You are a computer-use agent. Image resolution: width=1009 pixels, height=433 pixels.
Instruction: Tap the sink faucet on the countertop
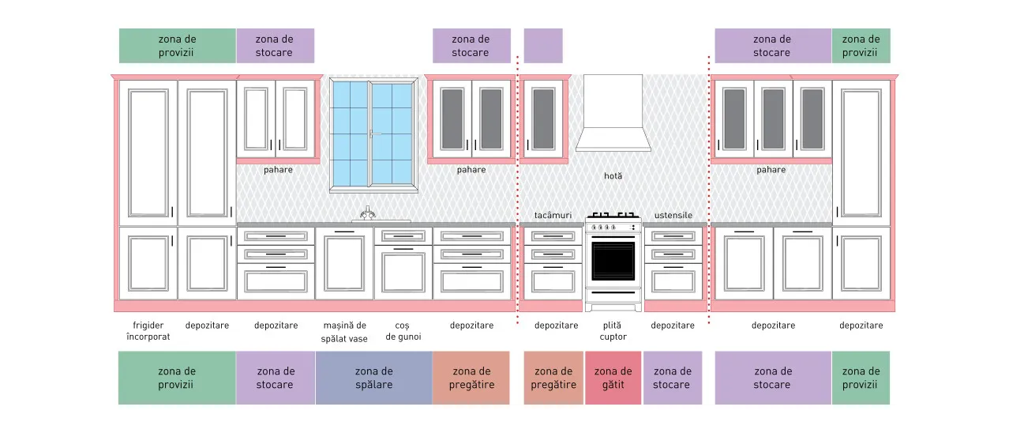[x=368, y=213]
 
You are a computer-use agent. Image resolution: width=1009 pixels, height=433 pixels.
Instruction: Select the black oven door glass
[x=613, y=261]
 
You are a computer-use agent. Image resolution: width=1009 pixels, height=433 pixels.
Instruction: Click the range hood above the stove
[x=613, y=113]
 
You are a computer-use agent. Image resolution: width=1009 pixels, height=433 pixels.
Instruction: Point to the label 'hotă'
[x=613, y=175]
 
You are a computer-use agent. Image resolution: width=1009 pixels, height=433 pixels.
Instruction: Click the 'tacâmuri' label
[x=553, y=216]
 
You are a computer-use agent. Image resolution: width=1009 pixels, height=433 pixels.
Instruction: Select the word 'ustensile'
[x=673, y=216]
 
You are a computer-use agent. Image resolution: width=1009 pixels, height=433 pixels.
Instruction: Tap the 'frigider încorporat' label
[x=148, y=331]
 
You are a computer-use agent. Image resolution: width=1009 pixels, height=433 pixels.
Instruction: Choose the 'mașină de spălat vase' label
[x=344, y=332]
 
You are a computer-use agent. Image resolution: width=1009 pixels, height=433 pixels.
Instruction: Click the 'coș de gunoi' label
[x=403, y=331]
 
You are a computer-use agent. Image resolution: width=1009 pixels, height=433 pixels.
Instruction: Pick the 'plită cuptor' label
[x=613, y=331]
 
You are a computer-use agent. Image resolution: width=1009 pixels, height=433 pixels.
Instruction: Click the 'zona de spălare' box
[x=374, y=378]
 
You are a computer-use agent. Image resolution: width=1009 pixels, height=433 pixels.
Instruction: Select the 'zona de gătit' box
[x=613, y=378]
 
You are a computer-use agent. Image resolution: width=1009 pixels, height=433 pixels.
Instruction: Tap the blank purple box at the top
[x=543, y=46]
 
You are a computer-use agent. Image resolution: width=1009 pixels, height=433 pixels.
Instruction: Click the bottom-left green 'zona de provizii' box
[x=177, y=378]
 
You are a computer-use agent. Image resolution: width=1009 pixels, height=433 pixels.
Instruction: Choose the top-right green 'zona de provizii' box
[x=861, y=46]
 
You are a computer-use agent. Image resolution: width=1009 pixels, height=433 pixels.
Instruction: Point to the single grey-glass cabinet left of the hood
[x=543, y=119]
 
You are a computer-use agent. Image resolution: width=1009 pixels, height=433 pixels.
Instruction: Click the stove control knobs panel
[x=613, y=227]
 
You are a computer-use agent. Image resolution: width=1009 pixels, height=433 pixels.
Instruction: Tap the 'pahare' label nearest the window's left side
[x=278, y=170]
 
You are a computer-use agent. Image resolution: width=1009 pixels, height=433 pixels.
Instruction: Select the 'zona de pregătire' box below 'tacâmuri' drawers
[x=553, y=378]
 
